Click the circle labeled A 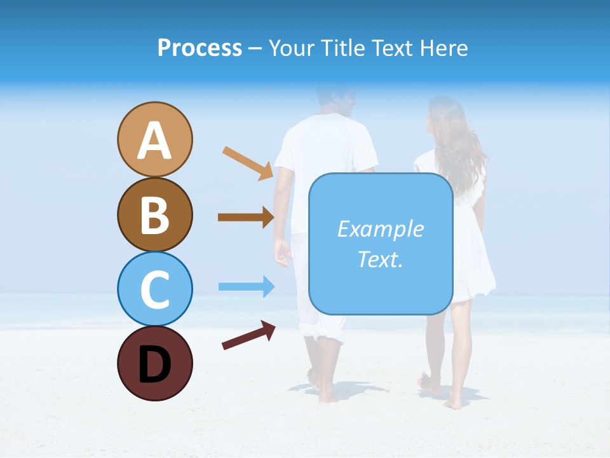pos(154,139)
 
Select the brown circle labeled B pos(154,214)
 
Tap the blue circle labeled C pos(154,289)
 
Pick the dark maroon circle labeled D pos(154,363)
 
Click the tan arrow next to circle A pos(248,162)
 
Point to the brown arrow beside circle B pos(246,218)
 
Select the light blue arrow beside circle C pos(246,286)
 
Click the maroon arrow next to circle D pos(248,335)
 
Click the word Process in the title pos(200,48)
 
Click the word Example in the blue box pos(380,229)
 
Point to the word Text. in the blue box pos(380,259)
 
